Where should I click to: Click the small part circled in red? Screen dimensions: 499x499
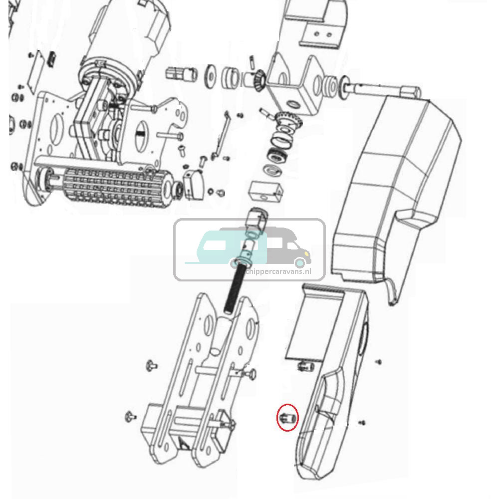pos(288,417)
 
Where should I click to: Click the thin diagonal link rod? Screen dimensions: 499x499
pos(222,135)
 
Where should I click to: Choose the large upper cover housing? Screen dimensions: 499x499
pos(394,190)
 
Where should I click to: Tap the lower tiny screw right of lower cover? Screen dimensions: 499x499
pos(362,423)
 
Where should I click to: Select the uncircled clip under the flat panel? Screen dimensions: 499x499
pos(305,367)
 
